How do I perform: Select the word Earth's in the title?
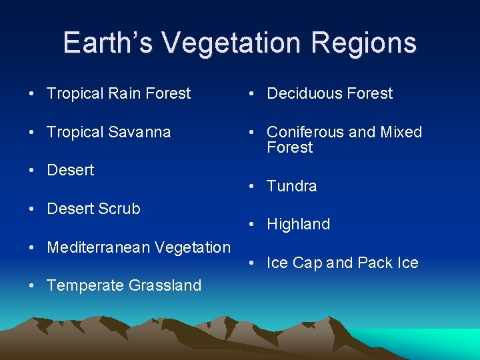(108, 43)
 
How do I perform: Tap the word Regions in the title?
(365, 43)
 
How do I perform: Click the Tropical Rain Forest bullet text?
(119, 93)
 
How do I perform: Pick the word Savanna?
(138, 132)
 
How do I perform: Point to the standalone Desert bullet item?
(71, 170)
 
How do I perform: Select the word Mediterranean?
(99, 247)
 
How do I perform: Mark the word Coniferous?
(306, 132)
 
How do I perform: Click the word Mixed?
(401, 132)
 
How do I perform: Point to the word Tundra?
(291, 186)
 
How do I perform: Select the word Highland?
(298, 225)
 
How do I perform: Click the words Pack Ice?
(387, 263)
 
